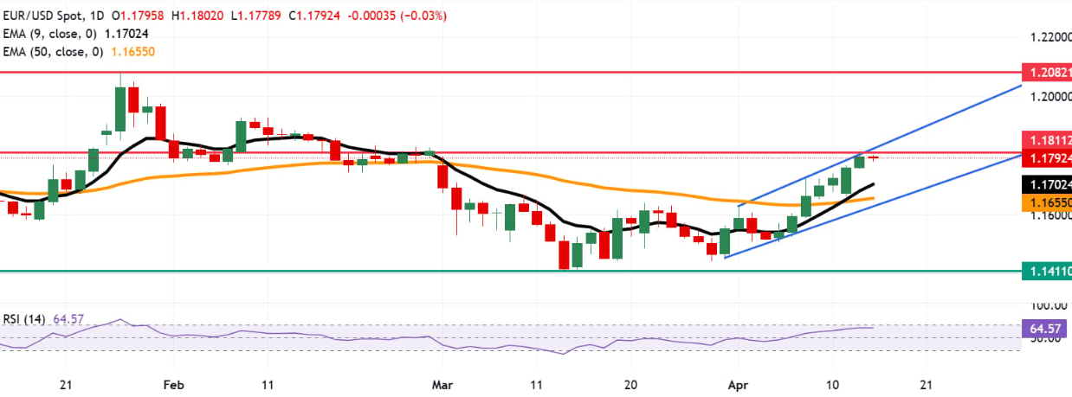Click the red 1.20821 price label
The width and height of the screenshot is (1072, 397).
pyautogui.click(x=1046, y=73)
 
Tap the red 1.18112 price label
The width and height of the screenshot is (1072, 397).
pyautogui.click(x=1046, y=139)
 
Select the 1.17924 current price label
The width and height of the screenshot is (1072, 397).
pyautogui.click(x=1046, y=158)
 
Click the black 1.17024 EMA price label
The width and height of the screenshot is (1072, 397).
pyautogui.click(x=1046, y=184)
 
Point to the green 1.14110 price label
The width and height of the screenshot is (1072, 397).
pyautogui.click(x=1046, y=271)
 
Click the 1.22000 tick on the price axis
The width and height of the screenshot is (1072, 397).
pyautogui.click(x=1046, y=38)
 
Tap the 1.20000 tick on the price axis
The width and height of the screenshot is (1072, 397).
pyautogui.click(x=1046, y=97)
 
